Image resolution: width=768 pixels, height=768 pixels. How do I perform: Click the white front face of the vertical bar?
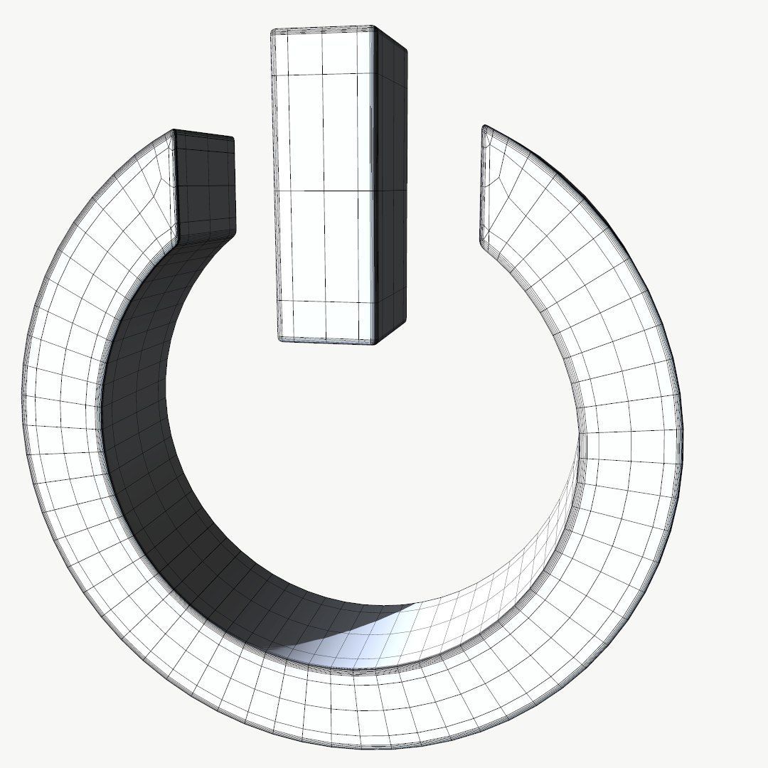(324, 213)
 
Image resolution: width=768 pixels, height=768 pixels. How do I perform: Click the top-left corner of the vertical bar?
(273, 31)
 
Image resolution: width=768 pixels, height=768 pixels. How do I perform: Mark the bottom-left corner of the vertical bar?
(280, 339)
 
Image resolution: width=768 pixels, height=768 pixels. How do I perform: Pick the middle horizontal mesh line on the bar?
(324, 191)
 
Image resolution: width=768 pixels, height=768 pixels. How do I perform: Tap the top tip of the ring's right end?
(485, 127)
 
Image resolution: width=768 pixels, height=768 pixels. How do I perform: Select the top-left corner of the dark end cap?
(175, 132)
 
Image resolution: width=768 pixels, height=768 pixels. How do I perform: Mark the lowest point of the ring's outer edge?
(356, 748)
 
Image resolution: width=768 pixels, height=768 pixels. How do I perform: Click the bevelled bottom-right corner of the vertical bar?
(376, 343)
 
